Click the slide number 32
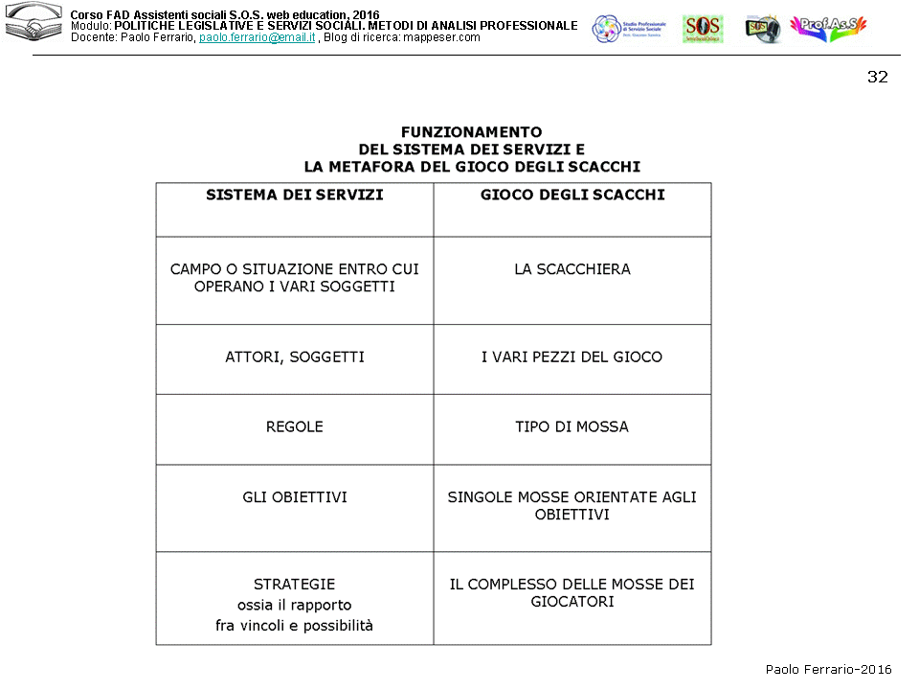pyautogui.click(x=877, y=78)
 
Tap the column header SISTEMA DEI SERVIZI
pyautogui.click(x=294, y=195)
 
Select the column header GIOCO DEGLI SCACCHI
pyautogui.click(x=572, y=195)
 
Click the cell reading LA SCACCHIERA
pyautogui.click(x=572, y=269)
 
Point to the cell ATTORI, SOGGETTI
pyautogui.click(x=294, y=357)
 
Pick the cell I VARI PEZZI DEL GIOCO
pyautogui.click(x=572, y=357)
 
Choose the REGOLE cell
pyautogui.click(x=294, y=427)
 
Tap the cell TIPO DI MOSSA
pyautogui.click(x=572, y=427)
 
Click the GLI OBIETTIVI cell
pyautogui.click(x=294, y=497)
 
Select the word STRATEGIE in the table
pyautogui.click(x=294, y=584)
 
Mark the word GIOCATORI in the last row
pyautogui.click(x=572, y=602)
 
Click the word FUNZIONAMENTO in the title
pyautogui.click(x=471, y=132)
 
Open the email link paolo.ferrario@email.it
pyautogui.click(x=257, y=37)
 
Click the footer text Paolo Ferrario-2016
pyautogui.click(x=828, y=670)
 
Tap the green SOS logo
pyautogui.click(x=703, y=29)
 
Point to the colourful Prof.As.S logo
pyautogui.click(x=828, y=29)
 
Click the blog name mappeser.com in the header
pyautogui.click(x=441, y=37)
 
